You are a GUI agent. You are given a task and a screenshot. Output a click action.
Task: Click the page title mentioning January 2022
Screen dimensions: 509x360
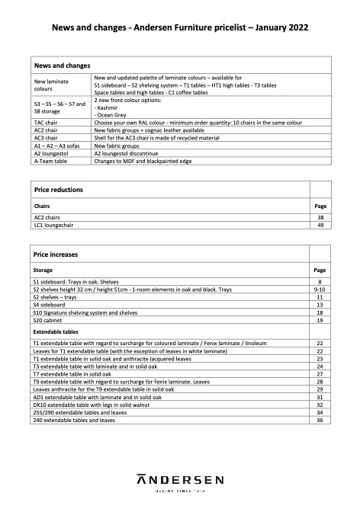tap(180, 27)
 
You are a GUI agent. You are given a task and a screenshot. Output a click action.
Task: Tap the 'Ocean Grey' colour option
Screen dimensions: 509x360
tap(115, 115)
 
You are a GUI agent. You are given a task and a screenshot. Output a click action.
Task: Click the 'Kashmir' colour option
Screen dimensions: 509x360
tap(110, 107)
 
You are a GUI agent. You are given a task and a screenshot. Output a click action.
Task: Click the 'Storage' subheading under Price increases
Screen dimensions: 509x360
tap(44, 271)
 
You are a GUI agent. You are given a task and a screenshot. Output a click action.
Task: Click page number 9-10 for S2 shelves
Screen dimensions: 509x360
tap(320, 290)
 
